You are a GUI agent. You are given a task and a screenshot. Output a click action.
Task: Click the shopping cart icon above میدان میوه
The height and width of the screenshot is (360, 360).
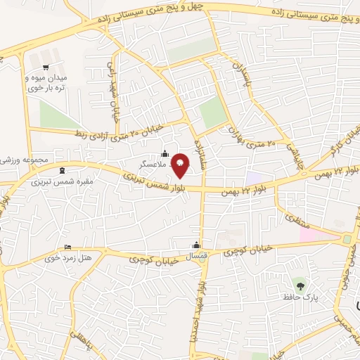point(46,67)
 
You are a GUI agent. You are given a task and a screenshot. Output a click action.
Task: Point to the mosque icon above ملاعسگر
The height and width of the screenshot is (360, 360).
point(165,153)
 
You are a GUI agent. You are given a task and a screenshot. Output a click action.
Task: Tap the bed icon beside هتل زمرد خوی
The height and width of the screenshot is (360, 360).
point(67,247)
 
